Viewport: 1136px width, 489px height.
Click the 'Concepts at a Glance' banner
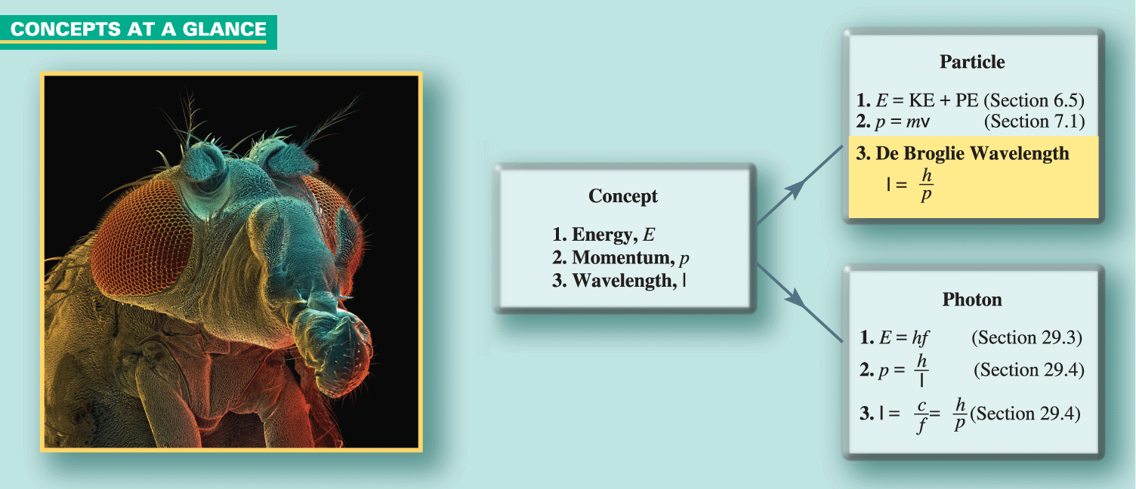(x=138, y=32)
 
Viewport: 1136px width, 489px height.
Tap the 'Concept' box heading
(x=623, y=197)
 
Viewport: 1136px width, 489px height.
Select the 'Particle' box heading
(x=972, y=62)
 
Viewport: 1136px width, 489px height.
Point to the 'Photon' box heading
(x=972, y=300)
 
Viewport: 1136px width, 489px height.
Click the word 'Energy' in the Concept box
(x=601, y=235)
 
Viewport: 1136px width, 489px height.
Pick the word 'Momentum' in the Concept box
(x=623, y=257)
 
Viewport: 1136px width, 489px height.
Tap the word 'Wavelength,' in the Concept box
(x=625, y=281)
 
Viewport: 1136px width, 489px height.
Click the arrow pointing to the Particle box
(x=800, y=185)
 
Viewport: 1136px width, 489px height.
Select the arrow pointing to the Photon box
(x=800, y=303)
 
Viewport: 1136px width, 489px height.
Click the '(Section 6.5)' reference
(x=1033, y=100)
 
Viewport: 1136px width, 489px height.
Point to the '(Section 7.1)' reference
(x=1034, y=121)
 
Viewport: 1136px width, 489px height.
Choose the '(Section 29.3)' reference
(x=1026, y=337)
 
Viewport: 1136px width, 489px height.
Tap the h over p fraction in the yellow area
(x=927, y=185)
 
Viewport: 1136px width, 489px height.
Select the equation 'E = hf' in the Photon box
(x=903, y=337)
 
